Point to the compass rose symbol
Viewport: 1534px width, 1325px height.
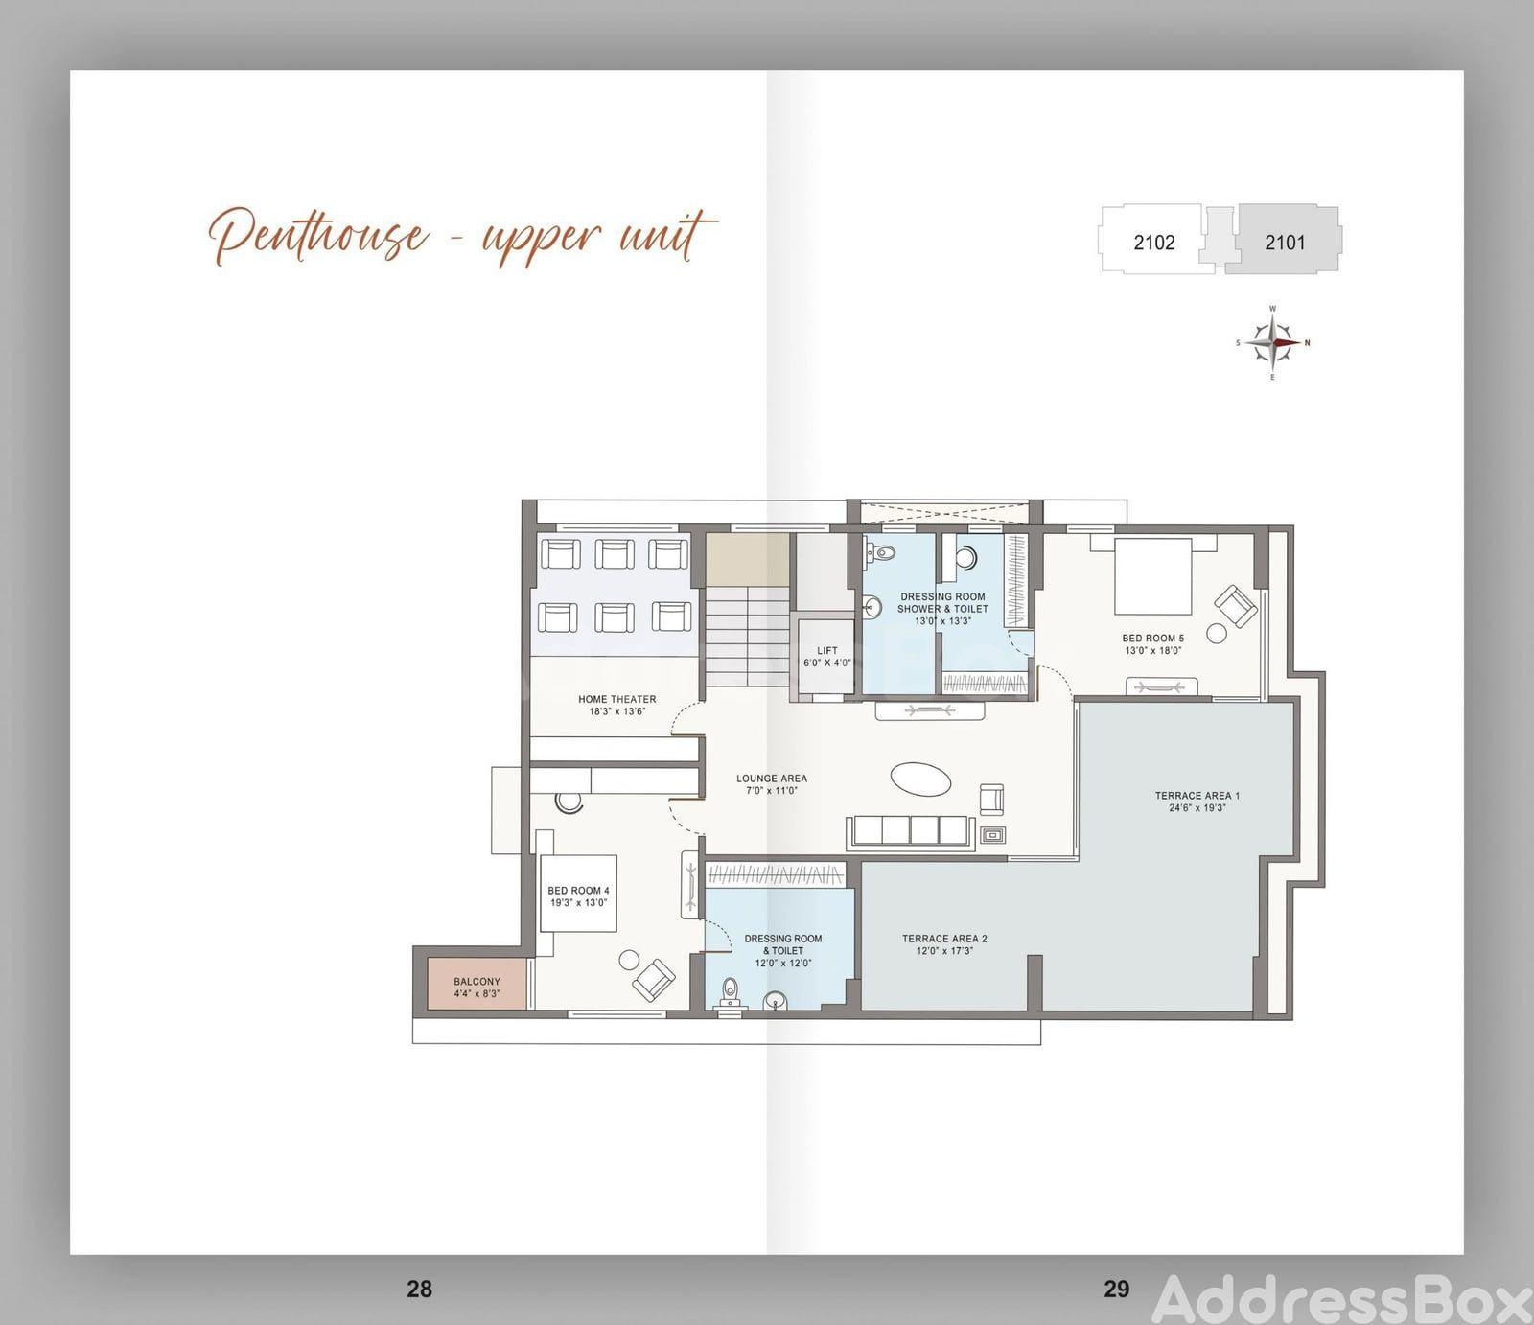point(1272,342)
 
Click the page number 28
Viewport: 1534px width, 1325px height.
point(419,1289)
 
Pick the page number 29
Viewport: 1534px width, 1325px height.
point(1116,1289)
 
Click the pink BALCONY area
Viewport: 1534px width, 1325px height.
point(476,983)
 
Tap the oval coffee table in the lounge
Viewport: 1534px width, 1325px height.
point(921,779)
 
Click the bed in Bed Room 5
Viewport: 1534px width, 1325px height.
point(1153,576)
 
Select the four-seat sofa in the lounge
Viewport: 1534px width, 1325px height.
point(911,831)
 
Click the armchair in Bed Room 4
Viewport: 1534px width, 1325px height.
point(655,978)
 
